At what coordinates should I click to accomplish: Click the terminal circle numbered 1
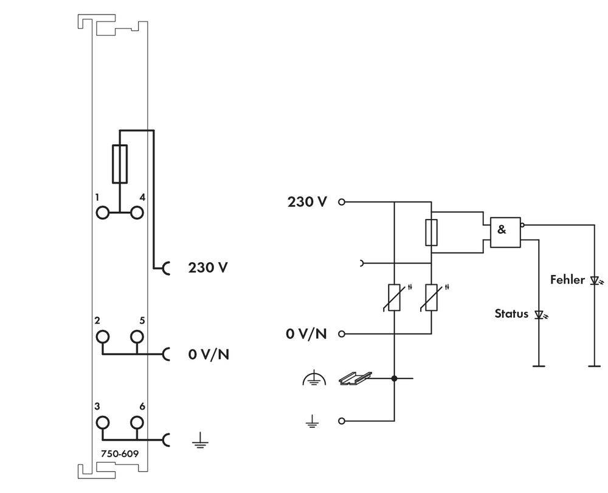[103, 212]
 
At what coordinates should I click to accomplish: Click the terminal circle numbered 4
[137, 212]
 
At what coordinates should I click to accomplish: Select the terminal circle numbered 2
[103, 337]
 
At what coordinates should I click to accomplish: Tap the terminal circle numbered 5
[137, 337]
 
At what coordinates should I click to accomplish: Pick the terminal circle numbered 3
[103, 422]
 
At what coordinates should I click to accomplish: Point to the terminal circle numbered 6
[137, 422]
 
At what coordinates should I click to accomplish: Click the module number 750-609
[120, 453]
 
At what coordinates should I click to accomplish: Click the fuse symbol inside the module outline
[120, 164]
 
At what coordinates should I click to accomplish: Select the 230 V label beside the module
[208, 267]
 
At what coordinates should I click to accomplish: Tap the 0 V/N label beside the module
[209, 354]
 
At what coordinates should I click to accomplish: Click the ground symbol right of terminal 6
[198, 441]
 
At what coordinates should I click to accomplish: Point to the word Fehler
[567, 280]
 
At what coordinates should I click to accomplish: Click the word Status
[511, 314]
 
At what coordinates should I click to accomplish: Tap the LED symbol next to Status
[539, 315]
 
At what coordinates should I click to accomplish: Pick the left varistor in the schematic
[395, 297]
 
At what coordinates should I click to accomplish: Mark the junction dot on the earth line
[395, 379]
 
